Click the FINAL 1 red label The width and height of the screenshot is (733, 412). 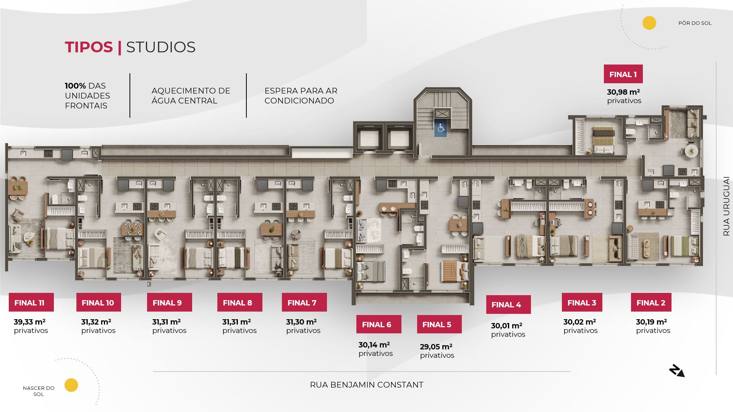click(x=623, y=74)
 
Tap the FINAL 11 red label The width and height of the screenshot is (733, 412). click(x=31, y=302)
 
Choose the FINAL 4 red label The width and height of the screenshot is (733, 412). click(x=508, y=304)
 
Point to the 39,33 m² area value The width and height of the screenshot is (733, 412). click(x=30, y=322)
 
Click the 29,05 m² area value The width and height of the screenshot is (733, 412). click(x=436, y=347)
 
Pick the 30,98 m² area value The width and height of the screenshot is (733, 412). click(x=623, y=92)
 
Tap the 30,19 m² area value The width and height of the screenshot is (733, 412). click(x=651, y=322)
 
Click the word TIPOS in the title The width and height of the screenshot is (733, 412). click(x=89, y=47)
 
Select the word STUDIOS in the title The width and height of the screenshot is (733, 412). click(x=160, y=47)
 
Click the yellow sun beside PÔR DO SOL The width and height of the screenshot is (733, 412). click(x=649, y=23)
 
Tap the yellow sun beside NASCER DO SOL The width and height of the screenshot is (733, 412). click(x=71, y=385)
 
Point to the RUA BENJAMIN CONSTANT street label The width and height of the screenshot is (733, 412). click(x=366, y=385)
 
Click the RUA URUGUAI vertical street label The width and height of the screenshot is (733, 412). click(x=726, y=206)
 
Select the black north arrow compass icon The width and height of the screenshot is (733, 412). click(x=676, y=371)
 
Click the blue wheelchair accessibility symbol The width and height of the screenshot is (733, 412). click(x=441, y=128)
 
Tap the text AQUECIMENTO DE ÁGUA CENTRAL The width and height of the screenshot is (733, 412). click(x=191, y=96)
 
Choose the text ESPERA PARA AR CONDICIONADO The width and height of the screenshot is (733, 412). click(x=301, y=96)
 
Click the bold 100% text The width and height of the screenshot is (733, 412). click(x=75, y=86)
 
